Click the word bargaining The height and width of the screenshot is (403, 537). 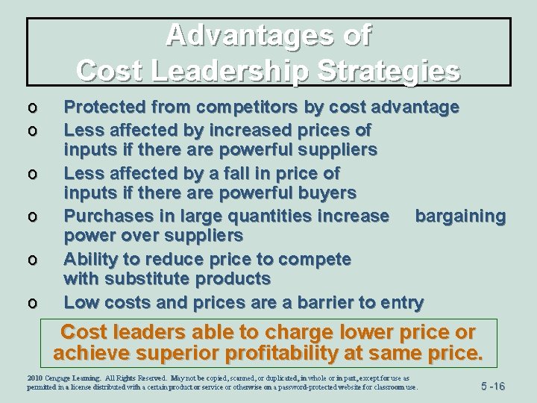coord(460,216)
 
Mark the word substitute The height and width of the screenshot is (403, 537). coord(157,279)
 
